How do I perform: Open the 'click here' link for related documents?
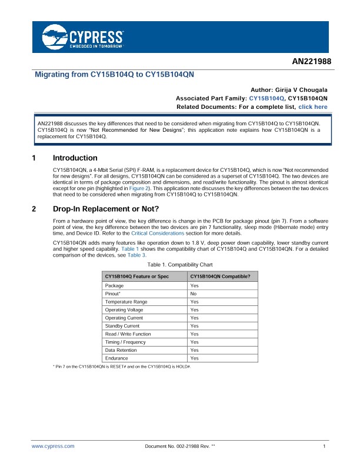click(x=313, y=107)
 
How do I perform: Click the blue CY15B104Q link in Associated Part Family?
click(x=267, y=98)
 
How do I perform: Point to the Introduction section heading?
click(x=75, y=158)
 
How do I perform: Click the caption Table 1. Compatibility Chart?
click(x=180, y=266)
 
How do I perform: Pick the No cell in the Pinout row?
click(x=193, y=293)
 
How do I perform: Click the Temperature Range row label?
click(x=126, y=301)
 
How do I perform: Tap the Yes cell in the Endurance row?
click(x=194, y=358)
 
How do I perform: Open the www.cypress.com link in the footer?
click(x=53, y=447)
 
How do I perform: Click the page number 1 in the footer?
click(x=325, y=447)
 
